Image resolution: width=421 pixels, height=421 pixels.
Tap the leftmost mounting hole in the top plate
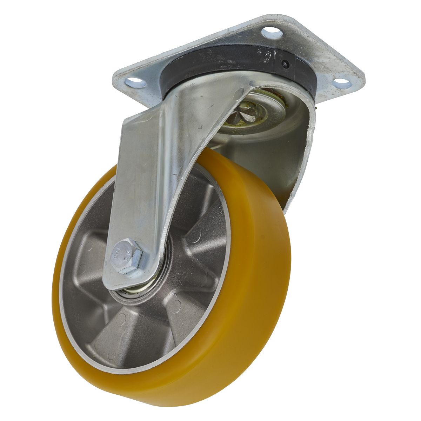136,82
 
